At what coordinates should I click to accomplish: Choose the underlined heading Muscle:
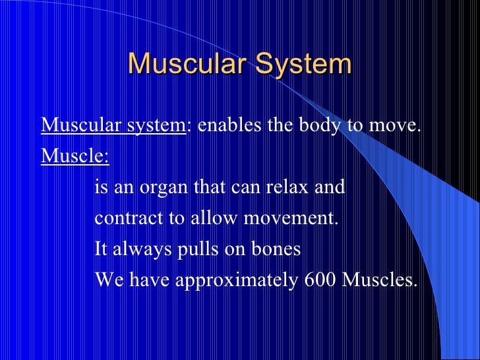click(75, 157)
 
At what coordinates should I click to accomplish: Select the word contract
click(129, 218)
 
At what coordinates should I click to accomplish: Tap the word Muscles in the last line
click(379, 280)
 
